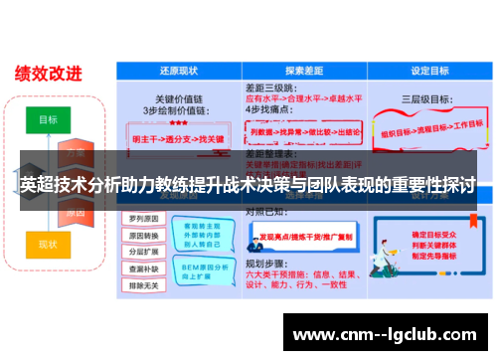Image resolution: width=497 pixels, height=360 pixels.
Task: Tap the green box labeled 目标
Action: pyautogui.click(x=48, y=119)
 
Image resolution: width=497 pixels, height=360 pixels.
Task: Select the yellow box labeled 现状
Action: pyautogui.click(x=48, y=244)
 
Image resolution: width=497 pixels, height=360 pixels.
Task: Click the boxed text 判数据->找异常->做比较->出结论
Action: pyautogui.click(x=306, y=130)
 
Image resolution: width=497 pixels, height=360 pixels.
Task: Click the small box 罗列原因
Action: pyautogui.click(x=146, y=218)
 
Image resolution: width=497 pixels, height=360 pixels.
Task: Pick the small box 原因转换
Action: pyautogui.click(x=146, y=235)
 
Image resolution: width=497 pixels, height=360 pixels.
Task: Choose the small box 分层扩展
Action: pyautogui.click(x=146, y=252)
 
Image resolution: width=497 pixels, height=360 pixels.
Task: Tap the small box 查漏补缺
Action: pyautogui.click(x=146, y=269)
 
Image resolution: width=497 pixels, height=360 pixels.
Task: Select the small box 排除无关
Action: pyautogui.click(x=146, y=285)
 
